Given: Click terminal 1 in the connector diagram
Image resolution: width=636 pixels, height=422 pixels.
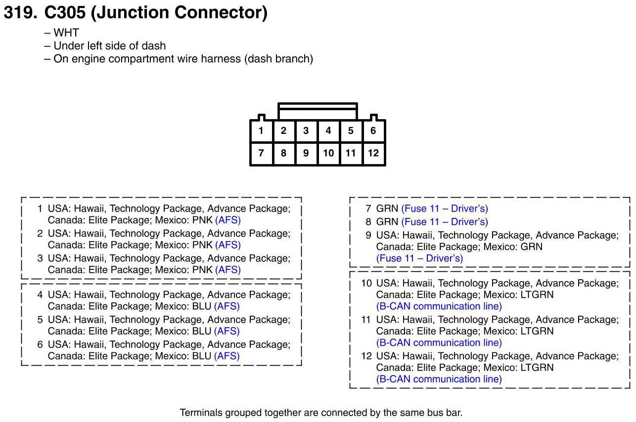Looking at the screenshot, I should click(261, 131).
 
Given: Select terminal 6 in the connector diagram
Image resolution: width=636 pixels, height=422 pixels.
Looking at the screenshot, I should click(373, 131).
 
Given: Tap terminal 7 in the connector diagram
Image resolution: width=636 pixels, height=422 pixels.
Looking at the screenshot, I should click(261, 153).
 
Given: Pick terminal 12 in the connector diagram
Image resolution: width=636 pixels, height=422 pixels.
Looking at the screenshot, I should click(373, 153).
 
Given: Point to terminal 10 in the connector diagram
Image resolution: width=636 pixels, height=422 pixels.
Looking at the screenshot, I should click(328, 153).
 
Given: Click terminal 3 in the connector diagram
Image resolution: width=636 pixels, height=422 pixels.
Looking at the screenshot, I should click(306, 131).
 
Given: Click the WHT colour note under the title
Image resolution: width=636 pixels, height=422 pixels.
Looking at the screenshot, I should click(66, 33).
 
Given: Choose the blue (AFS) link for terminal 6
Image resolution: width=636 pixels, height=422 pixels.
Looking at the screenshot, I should click(227, 356).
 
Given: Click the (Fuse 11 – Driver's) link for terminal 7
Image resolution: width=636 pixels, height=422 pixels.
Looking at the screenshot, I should click(445, 209).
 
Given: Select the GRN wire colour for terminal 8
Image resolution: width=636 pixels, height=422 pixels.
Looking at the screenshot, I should click(387, 222).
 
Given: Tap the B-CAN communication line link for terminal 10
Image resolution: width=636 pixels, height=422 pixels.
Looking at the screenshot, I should click(439, 306).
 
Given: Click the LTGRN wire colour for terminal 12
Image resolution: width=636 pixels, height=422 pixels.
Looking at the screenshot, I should click(536, 368).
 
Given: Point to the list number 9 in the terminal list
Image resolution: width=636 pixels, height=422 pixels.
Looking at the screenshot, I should click(368, 235).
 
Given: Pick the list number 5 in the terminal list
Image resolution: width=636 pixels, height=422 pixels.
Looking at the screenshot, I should click(40, 320).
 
